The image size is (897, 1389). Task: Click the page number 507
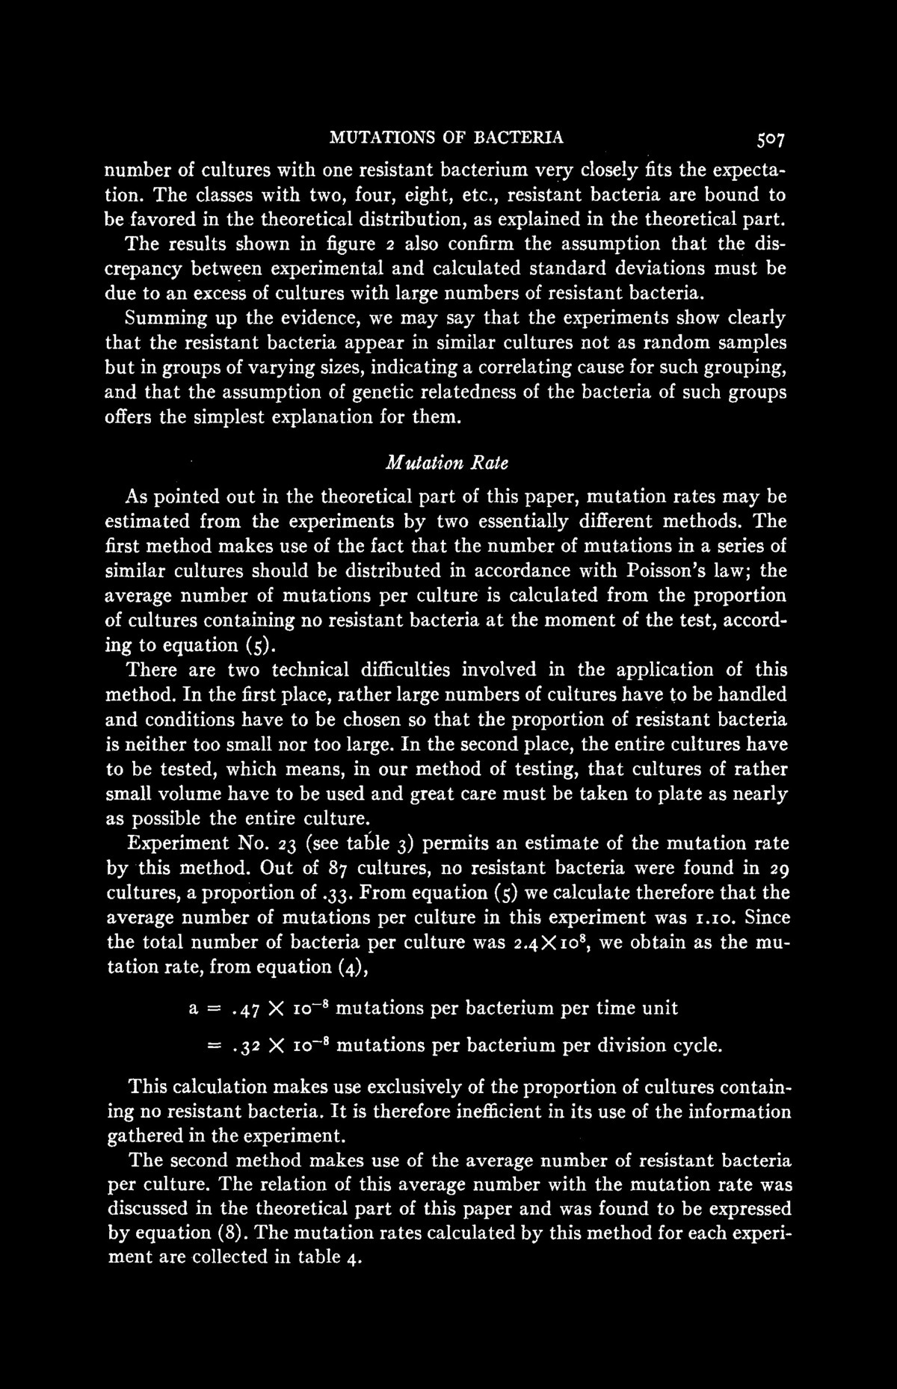click(770, 138)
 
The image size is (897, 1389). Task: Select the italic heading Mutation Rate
click(447, 463)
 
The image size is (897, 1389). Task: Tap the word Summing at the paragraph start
click(164, 318)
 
